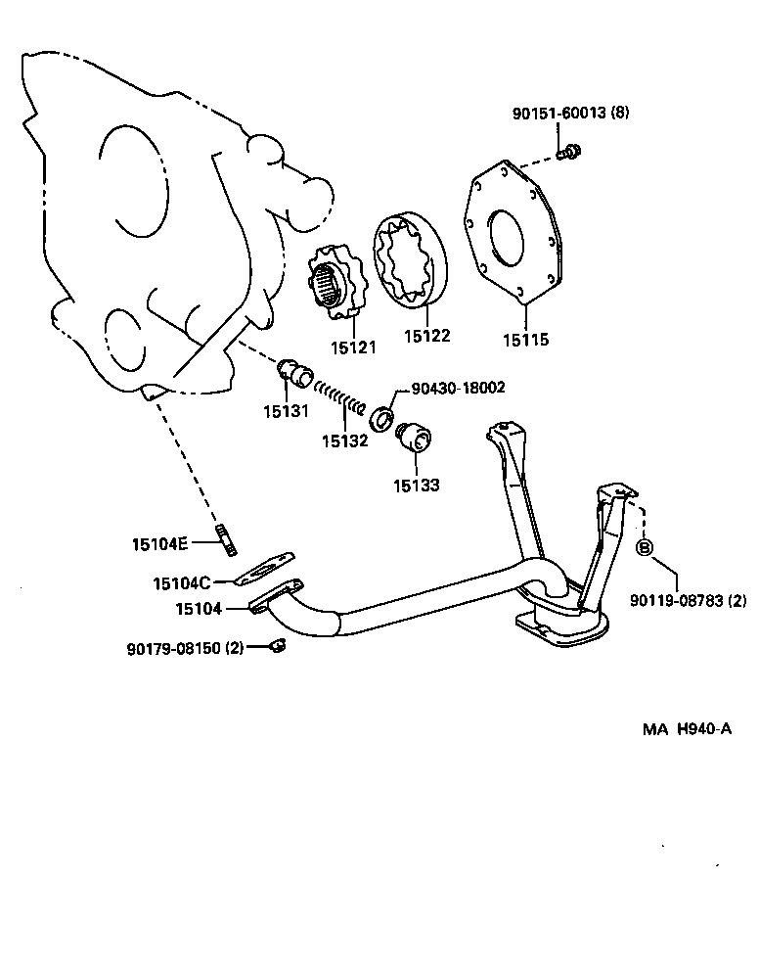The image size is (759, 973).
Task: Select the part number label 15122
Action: tap(427, 336)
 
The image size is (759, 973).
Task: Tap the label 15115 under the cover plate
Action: tap(526, 340)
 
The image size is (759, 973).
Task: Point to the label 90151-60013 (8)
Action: tap(570, 113)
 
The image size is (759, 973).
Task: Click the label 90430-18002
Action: tap(458, 389)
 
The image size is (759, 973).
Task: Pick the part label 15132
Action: tap(344, 440)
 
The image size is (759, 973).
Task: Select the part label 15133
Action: tap(417, 485)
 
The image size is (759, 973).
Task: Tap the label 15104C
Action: tap(181, 583)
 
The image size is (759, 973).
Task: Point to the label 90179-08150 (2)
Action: tap(186, 648)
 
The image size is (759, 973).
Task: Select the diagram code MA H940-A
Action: tap(687, 728)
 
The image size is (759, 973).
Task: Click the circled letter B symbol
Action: tap(646, 547)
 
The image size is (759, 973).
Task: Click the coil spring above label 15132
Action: tap(342, 399)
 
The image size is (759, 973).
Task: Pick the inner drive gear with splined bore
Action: tap(331, 283)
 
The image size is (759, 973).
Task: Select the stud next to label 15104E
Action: tap(228, 539)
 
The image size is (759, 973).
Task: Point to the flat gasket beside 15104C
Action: tap(264, 567)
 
